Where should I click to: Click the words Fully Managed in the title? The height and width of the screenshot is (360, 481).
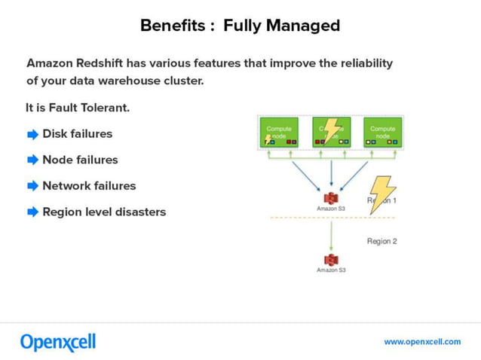pyautogui.click(x=281, y=26)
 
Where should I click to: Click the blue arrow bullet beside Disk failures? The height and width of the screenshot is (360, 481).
pyautogui.click(x=32, y=135)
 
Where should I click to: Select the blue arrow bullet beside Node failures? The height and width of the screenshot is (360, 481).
pyautogui.click(x=32, y=160)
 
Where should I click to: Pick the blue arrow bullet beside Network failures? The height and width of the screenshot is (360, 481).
pyautogui.click(x=32, y=186)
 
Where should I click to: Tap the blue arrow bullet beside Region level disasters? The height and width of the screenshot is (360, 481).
pyautogui.click(x=32, y=212)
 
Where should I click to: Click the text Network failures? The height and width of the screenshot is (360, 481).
pyautogui.click(x=89, y=186)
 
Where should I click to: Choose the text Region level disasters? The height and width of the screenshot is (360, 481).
pyautogui.click(x=104, y=212)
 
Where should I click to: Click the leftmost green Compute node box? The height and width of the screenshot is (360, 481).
pyautogui.click(x=279, y=133)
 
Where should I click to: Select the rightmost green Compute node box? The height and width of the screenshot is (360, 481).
pyautogui.click(x=383, y=133)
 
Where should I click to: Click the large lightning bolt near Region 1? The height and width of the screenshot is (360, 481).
pyautogui.click(x=383, y=194)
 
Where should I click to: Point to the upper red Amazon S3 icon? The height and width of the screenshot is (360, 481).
pyautogui.click(x=331, y=197)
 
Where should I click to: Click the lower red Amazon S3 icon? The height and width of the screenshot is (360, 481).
pyautogui.click(x=331, y=259)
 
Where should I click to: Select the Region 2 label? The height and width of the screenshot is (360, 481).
pyautogui.click(x=381, y=241)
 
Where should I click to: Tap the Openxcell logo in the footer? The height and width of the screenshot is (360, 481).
pyautogui.click(x=58, y=342)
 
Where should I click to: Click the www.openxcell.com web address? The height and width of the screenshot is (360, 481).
pyautogui.click(x=422, y=342)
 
